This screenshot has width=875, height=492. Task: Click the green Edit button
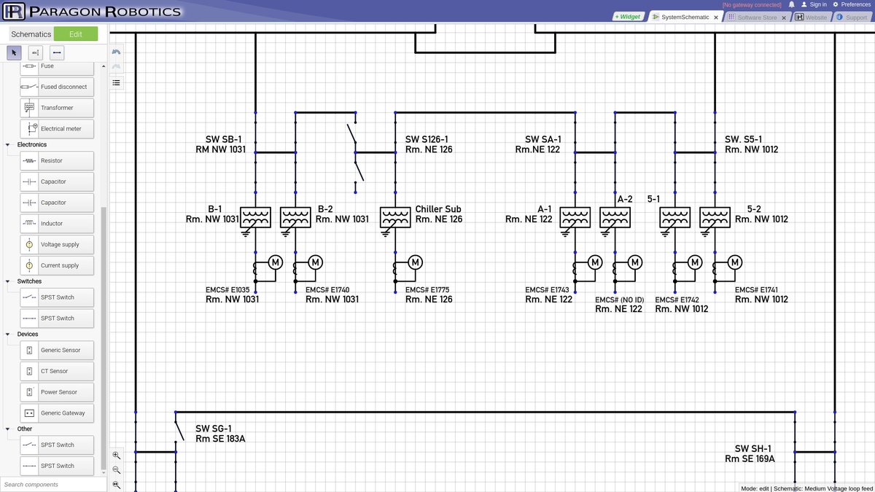point(75,34)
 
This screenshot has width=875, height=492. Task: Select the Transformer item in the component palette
point(57,108)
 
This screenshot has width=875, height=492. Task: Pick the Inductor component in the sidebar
point(57,224)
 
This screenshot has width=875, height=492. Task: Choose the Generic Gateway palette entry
point(57,413)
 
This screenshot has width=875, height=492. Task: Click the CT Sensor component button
point(57,371)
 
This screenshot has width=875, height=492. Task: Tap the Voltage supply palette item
point(57,245)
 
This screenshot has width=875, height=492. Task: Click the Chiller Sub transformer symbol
point(395,217)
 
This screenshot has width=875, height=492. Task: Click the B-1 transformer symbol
point(255,217)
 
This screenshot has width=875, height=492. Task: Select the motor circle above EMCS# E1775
point(415,262)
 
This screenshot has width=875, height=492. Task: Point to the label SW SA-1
point(542,139)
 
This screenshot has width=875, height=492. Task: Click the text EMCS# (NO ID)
point(619,300)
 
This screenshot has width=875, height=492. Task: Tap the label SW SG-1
point(214,429)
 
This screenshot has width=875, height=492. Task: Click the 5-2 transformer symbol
point(715,217)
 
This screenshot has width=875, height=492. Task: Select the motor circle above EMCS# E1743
point(594,262)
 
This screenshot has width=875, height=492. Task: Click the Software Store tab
point(756,17)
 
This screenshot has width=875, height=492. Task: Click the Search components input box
point(52,484)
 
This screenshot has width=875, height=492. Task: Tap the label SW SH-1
point(752,448)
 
